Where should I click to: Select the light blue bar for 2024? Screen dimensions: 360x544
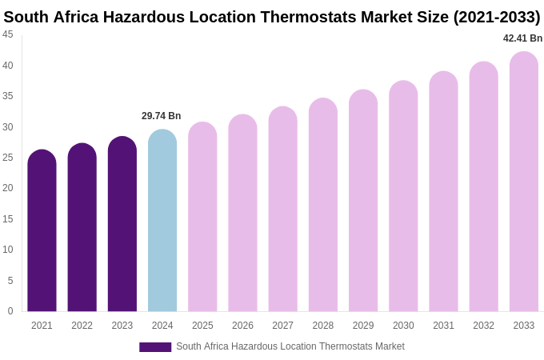pos(162,221)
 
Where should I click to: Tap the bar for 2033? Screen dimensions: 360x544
pos(524,182)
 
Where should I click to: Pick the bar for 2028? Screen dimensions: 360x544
pos(323,205)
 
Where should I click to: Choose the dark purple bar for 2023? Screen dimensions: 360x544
pos(122,224)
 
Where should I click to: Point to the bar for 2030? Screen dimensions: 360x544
pos(403,196)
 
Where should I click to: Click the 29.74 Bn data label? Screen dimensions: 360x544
pos(162,116)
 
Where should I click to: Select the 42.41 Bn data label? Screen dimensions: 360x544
pos(522,38)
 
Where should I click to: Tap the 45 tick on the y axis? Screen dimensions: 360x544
pos(8,34)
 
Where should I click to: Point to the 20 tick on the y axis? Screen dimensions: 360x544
pos(8,188)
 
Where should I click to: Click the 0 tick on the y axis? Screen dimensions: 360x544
pos(10,311)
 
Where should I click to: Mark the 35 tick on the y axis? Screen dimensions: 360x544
pos(8,96)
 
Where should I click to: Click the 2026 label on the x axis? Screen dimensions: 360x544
pos(242,326)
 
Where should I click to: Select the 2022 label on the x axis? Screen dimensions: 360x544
pos(82,326)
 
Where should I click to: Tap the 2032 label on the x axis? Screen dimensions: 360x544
pos(483,326)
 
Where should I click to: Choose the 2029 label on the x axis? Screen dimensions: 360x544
pos(363,326)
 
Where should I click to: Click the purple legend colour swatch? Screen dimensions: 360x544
pos(155,347)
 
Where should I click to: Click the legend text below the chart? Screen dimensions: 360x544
pos(290,346)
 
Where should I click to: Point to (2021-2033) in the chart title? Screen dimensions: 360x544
pos(497,17)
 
